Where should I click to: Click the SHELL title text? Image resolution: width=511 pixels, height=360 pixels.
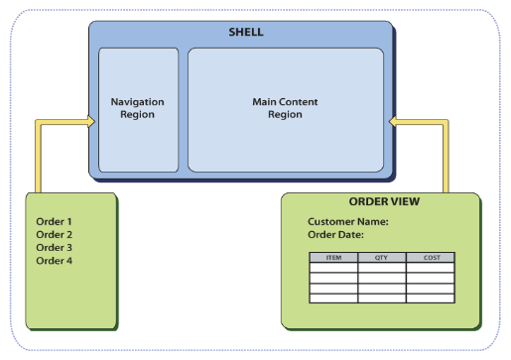(246, 32)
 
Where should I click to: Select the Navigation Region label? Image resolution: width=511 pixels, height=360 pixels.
(137, 108)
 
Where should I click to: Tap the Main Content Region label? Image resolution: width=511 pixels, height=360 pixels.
(285, 108)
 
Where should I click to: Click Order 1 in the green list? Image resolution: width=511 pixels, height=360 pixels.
(54, 221)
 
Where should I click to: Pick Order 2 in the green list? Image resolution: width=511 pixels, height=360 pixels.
(55, 234)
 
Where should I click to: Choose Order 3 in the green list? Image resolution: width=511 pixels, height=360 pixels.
(55, 247)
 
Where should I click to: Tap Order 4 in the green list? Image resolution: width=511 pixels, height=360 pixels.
(55, 261)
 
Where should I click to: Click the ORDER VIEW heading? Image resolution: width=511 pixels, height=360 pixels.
(384, 201)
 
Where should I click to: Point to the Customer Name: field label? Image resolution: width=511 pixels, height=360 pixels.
(348, 221)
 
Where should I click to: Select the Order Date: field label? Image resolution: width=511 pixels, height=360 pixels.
(335, 234)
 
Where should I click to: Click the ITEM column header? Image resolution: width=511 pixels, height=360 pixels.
(333, 258)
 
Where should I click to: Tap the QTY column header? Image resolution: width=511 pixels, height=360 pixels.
(381, 258)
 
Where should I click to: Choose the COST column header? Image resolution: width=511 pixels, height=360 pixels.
(432, 258)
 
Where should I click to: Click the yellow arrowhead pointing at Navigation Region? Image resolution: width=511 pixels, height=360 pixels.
(90, 122)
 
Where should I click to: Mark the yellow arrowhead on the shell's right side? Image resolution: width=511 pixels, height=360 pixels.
(393, 122)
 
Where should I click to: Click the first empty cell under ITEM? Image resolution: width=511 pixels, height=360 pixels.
(333, 268)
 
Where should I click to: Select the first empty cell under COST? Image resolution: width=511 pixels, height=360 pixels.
(431, 268)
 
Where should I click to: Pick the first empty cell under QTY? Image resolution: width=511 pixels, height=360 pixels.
(382, 268)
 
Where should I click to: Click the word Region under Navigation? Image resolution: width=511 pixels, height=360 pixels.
(137, 114)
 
